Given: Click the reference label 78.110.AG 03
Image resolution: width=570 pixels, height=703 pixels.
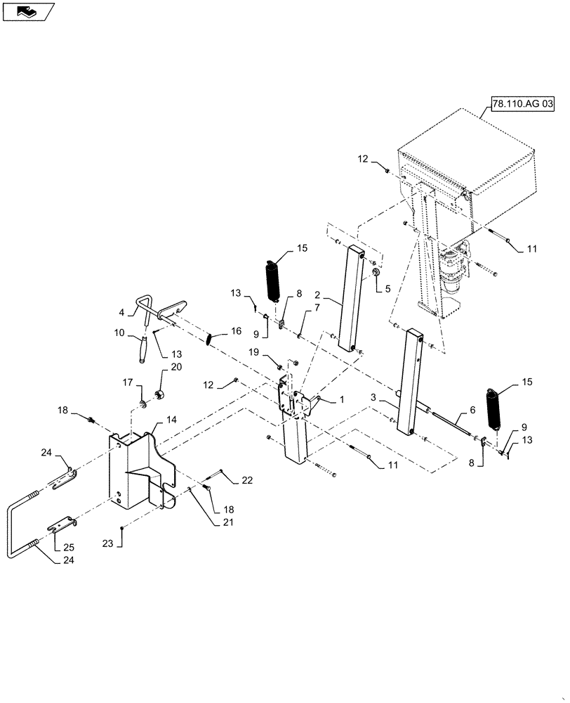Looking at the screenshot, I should [523, 104].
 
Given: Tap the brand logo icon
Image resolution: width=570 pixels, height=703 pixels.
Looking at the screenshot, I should [27, 11].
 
